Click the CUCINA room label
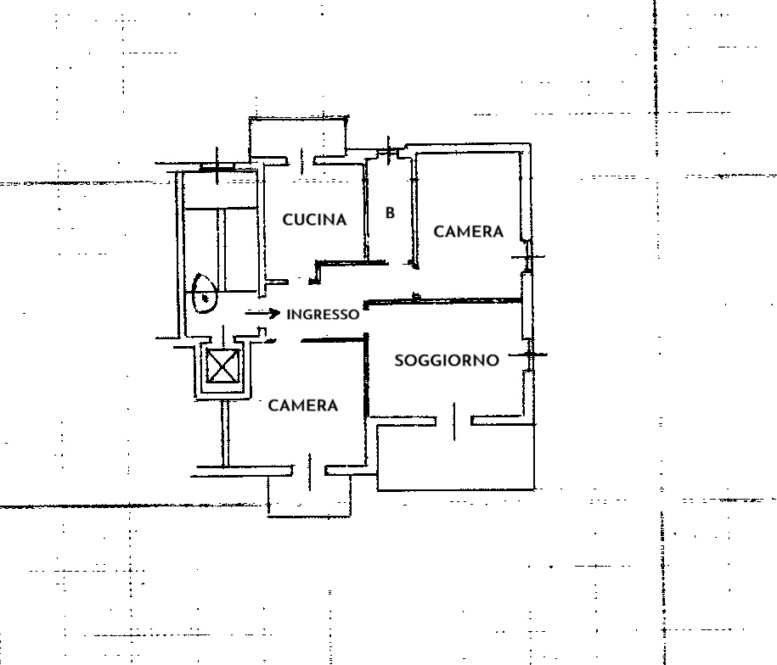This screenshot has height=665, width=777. click(x=314, y=220)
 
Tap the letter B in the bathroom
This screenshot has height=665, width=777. click(x=390, y=213)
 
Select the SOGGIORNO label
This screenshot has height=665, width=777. click(x=447, y=360)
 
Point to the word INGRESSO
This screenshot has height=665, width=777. click(x=323, y=315)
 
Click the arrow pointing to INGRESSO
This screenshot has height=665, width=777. click(x=262, y=313)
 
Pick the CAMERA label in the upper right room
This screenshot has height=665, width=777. click(x=468, y=232)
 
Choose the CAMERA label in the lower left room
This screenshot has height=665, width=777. click(x=303, y=405)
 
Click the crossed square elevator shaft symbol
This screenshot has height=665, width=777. click(x=222, y=366)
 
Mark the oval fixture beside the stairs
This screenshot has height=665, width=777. click(x=204, y=293)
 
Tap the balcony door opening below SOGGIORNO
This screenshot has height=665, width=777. click(x=454, y=421)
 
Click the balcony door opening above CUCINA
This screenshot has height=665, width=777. click(x=301, y=160)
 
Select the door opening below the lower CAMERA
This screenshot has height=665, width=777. click(x=310, y=472)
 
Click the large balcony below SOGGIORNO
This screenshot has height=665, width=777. click(x=455, y=458)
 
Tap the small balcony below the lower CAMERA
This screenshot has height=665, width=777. click(x=309, y=496)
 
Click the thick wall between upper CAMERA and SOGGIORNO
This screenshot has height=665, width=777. click(x=442, y=301)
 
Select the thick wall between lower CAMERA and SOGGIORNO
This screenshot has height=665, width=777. click(x=367, y=375)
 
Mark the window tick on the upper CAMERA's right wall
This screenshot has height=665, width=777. click(x=528, y=257)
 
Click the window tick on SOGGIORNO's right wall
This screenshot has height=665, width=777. click(x=530, y=355)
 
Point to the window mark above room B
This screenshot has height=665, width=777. click(x=389, y=150)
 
